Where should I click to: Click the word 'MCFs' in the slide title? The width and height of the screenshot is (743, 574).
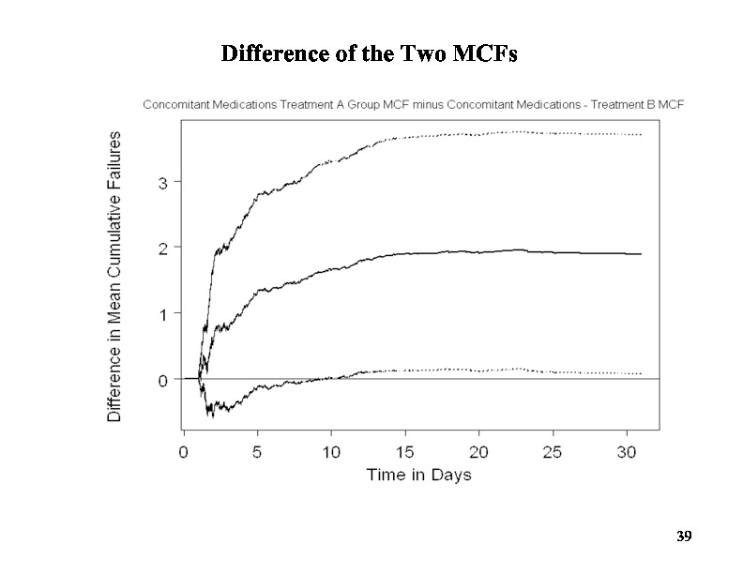coord(485,54)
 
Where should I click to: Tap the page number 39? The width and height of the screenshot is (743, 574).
coord(684,536)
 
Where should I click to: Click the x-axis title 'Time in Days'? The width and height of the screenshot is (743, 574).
coord(418,475)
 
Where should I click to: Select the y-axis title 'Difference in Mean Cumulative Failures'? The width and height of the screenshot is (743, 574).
coord(114,277)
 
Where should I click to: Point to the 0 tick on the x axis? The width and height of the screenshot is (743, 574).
coord(184,451)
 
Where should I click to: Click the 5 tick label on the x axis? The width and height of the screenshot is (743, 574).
coord(257,451)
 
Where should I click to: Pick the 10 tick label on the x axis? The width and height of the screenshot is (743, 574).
coord(331,451)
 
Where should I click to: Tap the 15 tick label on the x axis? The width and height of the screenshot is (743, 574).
coord(405,451)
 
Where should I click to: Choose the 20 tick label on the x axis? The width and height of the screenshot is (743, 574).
coord(478,451)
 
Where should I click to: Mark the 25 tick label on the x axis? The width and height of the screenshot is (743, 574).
coord(553,451)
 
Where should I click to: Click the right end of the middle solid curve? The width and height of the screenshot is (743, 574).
coord(641,254)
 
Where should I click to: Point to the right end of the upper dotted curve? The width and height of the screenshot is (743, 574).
coord(641,135)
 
